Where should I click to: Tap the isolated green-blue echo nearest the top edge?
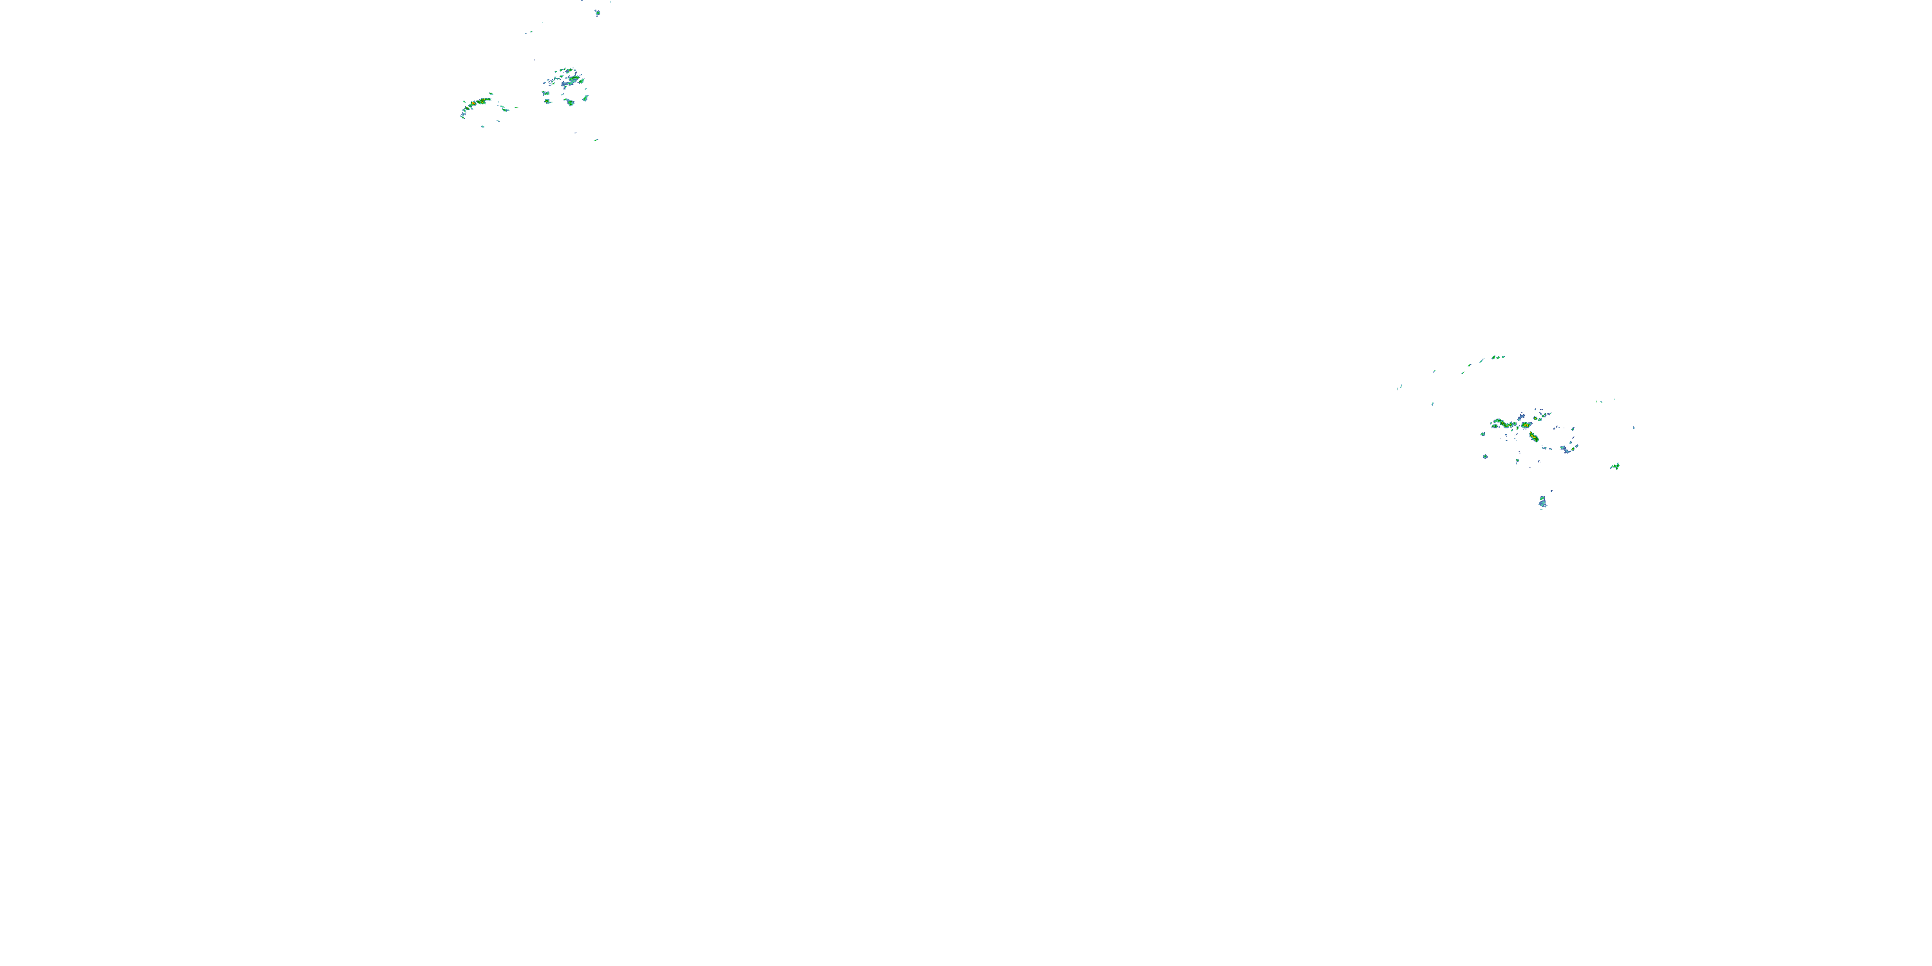click(598, 13)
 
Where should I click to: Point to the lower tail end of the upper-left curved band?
click(463, 117)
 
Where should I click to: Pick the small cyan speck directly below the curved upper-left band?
click(483, 127)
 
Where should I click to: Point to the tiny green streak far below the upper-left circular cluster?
click(596, 140)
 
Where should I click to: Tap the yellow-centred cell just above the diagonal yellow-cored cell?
click(1526, 425)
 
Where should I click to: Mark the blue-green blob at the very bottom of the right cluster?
click(1543, 502)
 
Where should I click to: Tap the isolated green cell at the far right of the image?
click(1616, 466)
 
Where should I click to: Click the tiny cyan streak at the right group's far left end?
click(1399, 388)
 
